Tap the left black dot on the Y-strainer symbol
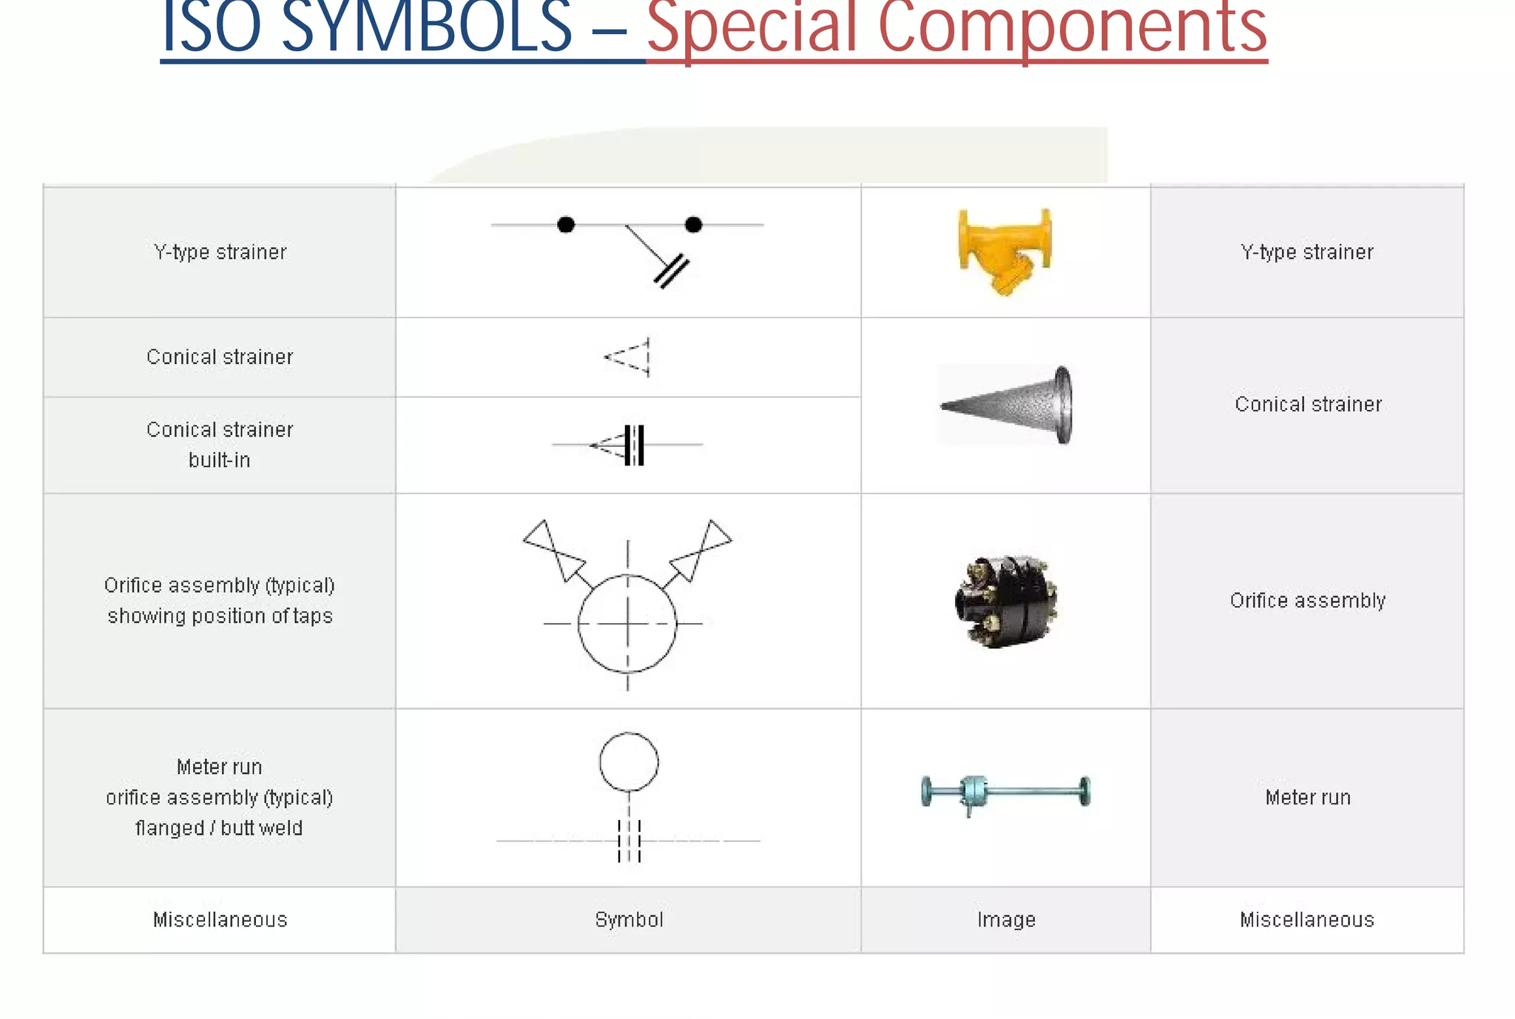566,224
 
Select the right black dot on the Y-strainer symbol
693,224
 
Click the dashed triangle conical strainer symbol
629,357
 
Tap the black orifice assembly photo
1006,600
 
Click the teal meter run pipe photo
1005,793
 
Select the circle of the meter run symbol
629,762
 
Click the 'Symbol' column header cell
629,920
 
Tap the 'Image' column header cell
1006,920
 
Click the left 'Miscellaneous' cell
220,920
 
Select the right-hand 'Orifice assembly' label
1307,600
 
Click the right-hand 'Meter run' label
1307,797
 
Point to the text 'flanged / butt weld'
219,828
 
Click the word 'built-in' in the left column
219,460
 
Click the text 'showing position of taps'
220,616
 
